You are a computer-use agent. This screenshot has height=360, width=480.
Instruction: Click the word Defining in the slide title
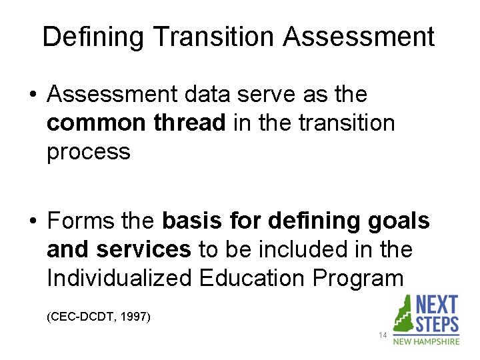pos(93,37)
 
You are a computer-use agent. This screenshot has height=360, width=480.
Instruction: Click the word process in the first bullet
pos(88,152)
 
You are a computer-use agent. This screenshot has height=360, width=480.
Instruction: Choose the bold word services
pos(143,249)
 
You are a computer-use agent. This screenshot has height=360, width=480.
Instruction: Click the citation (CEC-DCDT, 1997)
pos(99,315)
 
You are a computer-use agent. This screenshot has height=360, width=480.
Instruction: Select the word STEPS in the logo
pos(437,325)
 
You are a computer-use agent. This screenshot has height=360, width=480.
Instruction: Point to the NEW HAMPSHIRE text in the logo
pos(426,341)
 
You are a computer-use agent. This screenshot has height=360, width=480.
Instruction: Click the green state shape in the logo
pos(404,313)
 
